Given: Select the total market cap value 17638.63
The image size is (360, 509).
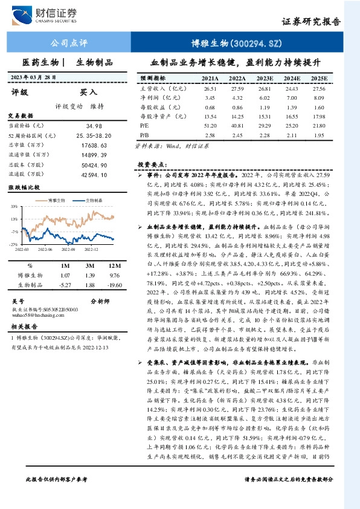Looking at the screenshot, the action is tap(93, 146).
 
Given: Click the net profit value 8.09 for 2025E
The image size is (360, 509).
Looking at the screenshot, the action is tap(320, 97).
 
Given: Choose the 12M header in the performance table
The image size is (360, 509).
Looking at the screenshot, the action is tap(111, 266).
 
